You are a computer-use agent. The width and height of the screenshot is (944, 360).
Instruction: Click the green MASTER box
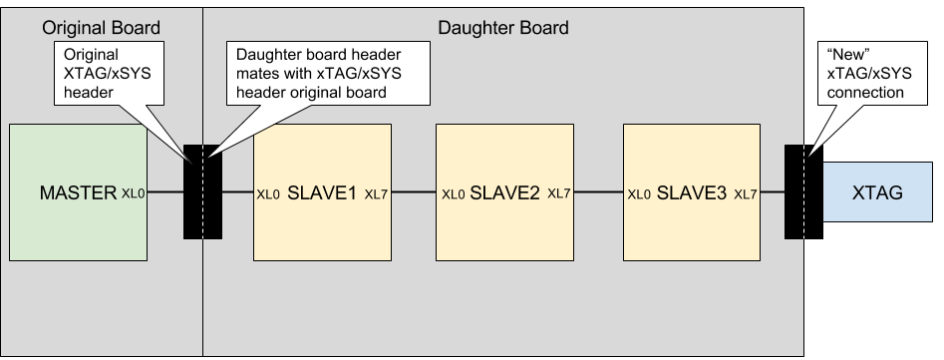(x=79, y=192)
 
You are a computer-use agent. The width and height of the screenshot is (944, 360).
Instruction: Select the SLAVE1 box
(x=322, y=192)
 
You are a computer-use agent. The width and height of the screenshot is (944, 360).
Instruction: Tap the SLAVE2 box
(x=504, y=192)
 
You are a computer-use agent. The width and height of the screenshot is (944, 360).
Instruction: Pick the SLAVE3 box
(x=692, y=192)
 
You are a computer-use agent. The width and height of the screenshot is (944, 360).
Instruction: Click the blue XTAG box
(x=878, y=192)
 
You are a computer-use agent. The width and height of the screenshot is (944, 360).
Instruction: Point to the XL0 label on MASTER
(x=133, y=193)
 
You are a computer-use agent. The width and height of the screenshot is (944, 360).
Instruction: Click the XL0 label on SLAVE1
(x=268, y=194)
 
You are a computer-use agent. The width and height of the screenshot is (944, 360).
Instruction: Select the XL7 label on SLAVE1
(x=376, y=194)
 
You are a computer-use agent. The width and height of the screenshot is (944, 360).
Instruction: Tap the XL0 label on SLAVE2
(x=454, y=194)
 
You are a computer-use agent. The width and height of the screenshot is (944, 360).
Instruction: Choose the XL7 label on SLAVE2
(x=558, y=193)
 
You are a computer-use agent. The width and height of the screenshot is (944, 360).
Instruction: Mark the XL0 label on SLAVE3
(x=639, y=194)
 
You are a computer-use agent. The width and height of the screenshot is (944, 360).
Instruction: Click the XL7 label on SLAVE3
(x=746, y=194)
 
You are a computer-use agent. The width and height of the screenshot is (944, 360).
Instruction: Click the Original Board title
(x=101, y=28)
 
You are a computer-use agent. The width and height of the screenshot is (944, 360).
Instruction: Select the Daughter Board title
(x=503, y=28)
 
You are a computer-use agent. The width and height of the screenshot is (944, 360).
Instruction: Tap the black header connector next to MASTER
(x=203, y=192)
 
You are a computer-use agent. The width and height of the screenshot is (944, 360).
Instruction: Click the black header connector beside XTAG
(x=803, y=192)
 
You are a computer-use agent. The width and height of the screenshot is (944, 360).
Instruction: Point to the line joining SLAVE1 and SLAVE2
(x=414, y=192)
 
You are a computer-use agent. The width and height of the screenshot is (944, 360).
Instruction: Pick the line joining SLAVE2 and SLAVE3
(x=598, y=192)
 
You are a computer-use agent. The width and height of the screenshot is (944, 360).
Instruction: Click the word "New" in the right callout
(x=849, y=54)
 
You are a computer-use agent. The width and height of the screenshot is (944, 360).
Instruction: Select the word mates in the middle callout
(x=256, y=74)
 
